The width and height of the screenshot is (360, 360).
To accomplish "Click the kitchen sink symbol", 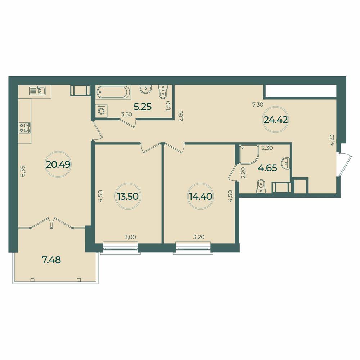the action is click(37, 91).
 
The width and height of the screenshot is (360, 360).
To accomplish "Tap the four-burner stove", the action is click(24, 128).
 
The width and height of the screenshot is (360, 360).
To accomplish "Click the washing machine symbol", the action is click(101, 111).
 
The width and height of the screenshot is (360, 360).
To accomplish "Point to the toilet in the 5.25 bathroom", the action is click(163, 91).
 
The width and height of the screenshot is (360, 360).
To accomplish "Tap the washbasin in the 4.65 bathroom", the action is click(286, 163).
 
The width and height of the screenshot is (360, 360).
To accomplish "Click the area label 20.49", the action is click(58, 165).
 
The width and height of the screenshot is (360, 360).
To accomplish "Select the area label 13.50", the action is click(128, 196).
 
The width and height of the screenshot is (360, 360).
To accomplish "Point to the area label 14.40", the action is click(200, 196).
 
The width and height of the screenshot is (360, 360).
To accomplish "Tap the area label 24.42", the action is click(276, 120).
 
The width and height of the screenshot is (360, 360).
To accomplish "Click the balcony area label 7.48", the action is click(51, 260).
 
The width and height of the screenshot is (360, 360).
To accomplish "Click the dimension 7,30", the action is click(258, 105).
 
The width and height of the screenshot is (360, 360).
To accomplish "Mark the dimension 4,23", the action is click(332, 140).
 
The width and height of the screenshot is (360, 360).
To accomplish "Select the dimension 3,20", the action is click(199, 237).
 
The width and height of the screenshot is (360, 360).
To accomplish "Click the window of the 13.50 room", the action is click(121, 248).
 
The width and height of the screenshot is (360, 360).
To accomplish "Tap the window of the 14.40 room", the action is click(193, 248).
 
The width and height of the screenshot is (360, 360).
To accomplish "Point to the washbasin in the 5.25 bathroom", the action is click(146, 89).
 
